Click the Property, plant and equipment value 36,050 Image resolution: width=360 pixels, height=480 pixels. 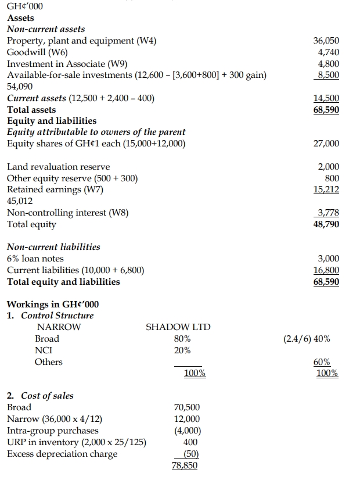click(326, 41)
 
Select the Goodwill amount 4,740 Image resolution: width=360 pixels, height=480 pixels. click(328, 52)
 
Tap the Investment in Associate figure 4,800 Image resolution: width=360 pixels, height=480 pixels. click(328, 64)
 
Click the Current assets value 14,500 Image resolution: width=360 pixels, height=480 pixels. click(326, 98)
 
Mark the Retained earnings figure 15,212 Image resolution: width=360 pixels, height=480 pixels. click(326, 189)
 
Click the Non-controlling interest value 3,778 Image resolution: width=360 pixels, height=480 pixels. click(327, 213)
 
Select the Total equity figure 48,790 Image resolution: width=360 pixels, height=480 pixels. click(326, 224)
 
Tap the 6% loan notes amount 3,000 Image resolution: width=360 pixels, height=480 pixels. click(328, 259)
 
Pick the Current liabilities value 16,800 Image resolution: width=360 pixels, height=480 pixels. click(326, 270)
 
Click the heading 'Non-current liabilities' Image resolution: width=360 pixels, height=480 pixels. click(53, 247)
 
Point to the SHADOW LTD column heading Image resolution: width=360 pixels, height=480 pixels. click(178, 327)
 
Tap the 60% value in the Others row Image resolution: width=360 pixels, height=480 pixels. click(326, 362)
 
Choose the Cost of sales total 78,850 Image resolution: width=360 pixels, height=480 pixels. click(185, 465)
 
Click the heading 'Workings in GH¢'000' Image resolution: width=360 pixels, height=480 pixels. click(48, 305)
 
